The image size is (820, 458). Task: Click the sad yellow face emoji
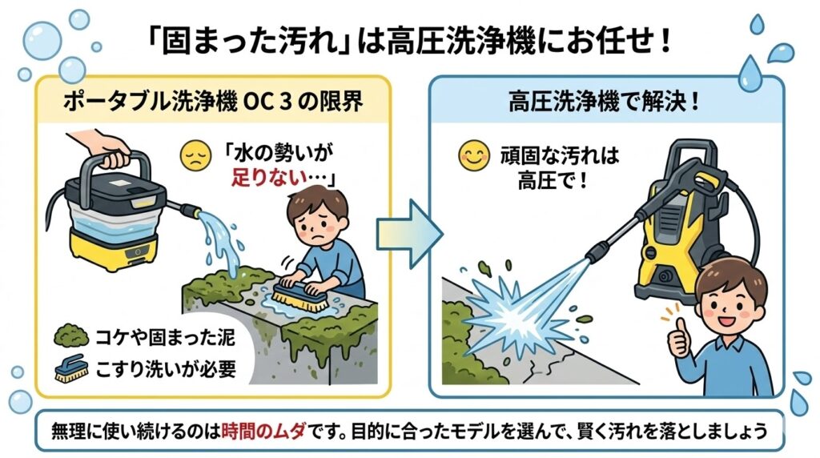(x=195, y=156)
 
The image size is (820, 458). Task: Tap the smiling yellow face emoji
(x=474, y=156)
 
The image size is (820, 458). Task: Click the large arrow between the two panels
(x=409, y=233)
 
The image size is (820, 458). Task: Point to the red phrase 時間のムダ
(x=263, y=432)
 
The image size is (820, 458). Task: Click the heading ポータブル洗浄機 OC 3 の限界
(x=213, y=101)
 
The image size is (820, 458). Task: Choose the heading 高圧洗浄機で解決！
(x=604, y=102)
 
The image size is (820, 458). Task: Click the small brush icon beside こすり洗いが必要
(x=71, y=368)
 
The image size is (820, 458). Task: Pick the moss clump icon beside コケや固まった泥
(x=71, y=336)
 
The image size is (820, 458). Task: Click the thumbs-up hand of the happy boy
(x=679, y=338)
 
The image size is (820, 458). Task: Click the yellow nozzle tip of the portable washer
(x=192, y=211)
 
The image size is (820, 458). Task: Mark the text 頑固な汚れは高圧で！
(x=559, y=167)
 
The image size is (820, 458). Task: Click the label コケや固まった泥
(x=165, y=337)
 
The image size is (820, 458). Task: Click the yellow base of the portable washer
(x=113, y=252)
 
